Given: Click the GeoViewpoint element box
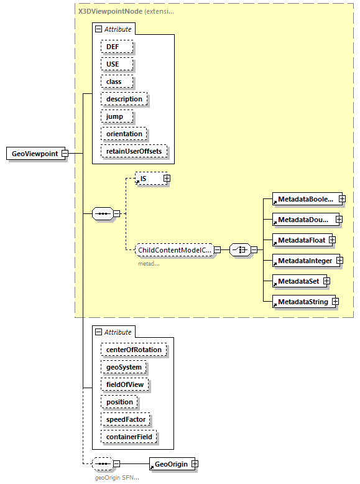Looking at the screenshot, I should click(36, 154).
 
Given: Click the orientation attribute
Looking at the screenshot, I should click(124, 134).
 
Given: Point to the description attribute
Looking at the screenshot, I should click(124, 99).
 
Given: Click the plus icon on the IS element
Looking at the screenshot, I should click(167, 179).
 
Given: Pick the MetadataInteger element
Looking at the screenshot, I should click(304, 261).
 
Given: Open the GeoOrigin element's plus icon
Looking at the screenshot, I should click(195, 463).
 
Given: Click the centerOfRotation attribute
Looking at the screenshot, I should click(134, 350).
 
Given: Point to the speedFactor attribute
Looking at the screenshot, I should click(126, 419).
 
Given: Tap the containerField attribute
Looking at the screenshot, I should click(129, 437).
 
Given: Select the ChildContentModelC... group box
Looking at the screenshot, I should click(174, 250).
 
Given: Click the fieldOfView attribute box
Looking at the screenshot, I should click(125, 384).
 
